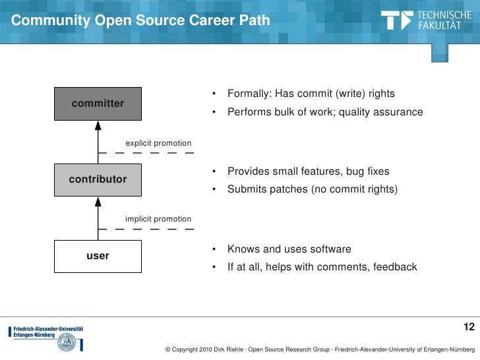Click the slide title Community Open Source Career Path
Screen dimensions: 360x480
pyautogui.click(x=140, y=21)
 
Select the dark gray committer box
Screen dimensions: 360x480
pyautogui.click(x=98, y=104)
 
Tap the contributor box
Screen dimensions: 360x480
pyautogui.click(x=98, y=179)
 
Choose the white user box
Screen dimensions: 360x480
pyautogui.click(x=98, y=256)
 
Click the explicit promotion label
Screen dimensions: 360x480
pyautogui.click(x=158, y=143)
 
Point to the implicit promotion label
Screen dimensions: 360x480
pyautogui.click(x=158, y=219)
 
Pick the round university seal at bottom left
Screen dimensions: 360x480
pyautogui.click(x=67, y=343)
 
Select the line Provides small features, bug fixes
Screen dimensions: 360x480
pyautogui.click(x=308, y=171)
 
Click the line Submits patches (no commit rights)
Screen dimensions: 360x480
pyautogui.click(x=313, y=190)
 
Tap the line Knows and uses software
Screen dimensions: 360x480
pyautogui.click(x=289, y=249)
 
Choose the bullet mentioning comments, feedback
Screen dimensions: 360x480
pyautogui.click(x=322, y=267)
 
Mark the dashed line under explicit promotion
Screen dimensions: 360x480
pyautogui.click(x=145, y=153)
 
